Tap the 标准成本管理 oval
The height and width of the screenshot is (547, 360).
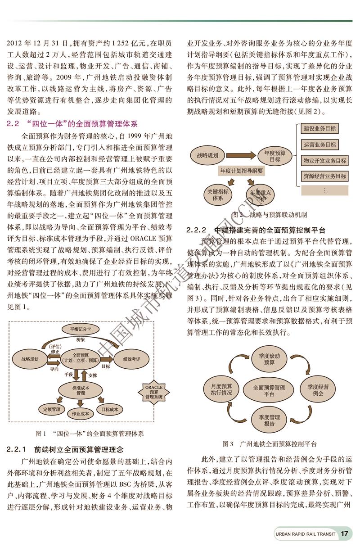81,390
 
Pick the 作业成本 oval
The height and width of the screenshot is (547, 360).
80,413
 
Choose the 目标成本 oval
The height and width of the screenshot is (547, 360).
110,410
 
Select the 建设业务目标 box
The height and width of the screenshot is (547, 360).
319,129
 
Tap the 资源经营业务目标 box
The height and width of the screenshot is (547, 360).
324,176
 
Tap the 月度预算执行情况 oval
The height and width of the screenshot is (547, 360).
221,390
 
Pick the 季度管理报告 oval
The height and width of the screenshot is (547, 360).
269,420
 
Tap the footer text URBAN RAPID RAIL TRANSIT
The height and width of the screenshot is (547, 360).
305,534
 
